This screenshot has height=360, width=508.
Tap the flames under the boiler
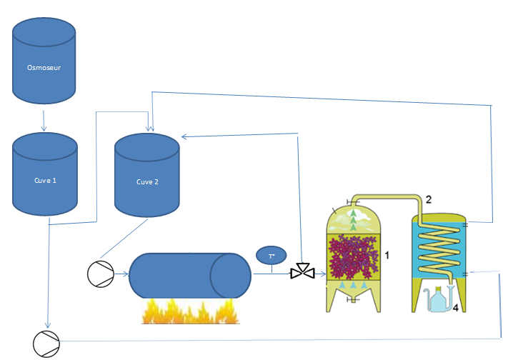[189, 311]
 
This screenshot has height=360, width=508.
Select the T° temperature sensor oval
[272, 255]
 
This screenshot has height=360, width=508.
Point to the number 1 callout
[387, 255]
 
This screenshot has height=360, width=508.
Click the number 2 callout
[428, 199]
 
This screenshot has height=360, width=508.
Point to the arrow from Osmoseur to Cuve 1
[44, 114]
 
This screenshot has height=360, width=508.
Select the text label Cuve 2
[147, 181]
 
